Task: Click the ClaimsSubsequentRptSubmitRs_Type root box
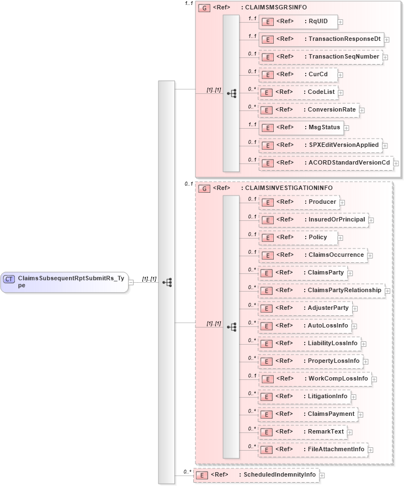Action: (x=65, y=282)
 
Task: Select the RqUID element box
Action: (x=298, y=22)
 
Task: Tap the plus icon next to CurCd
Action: (x=341, y=75)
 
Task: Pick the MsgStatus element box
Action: (x=301, y=128)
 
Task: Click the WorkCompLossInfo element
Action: (x=315, y=379)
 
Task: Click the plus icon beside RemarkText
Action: (x=350, y=432)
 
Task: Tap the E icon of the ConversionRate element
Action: (x=267, y=110)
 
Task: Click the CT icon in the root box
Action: (x=9, y=279)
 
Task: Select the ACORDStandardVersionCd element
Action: (x=325, y=163)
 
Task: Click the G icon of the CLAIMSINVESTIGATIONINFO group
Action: (x=204, y=188)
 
